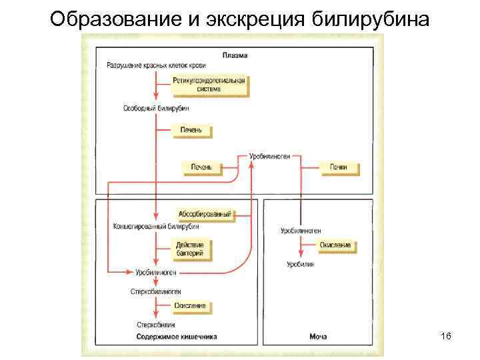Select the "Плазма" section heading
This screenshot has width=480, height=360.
coord(234,56)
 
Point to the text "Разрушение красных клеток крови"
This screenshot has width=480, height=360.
coord(156,65)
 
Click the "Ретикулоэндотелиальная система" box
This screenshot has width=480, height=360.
coord(209,85)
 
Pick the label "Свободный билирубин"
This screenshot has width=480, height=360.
coord(156,107)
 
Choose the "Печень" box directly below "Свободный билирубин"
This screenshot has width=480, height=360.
coord(192,129)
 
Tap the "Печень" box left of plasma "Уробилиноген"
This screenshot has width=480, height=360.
coord(201,167)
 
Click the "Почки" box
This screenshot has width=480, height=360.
coord(339,167)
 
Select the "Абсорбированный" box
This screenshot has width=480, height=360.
coord(205,214)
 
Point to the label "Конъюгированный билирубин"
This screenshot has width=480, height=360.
coord(156,225)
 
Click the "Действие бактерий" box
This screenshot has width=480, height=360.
coord(191,249)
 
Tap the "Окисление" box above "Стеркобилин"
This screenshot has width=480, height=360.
coord(191,306)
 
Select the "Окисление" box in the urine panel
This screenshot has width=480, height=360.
coord(335,245)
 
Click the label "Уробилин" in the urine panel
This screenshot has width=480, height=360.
coord(300,264)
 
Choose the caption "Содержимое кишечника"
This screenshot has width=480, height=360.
coord(177,337)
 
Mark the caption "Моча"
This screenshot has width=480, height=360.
coord(318,337)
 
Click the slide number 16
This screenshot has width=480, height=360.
coord(445,337)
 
